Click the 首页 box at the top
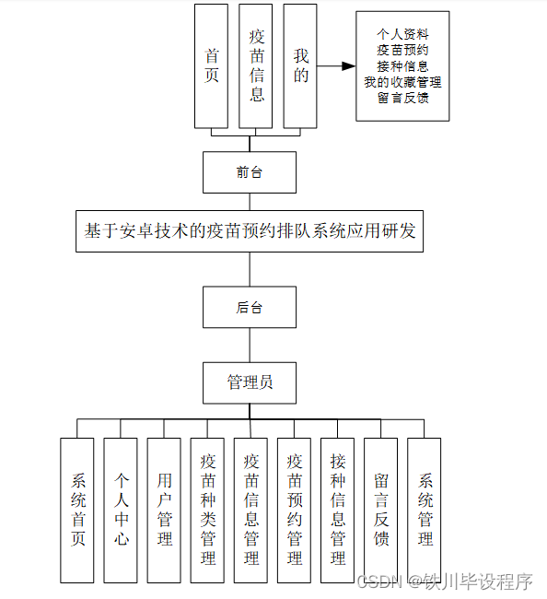coord(211,66)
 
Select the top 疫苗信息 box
coord(256,66)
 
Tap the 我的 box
coord(301,66)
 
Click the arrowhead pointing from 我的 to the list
coord(348,66)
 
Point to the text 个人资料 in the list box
coord(402,32)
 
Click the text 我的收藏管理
coord(402,82)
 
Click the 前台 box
coord(250,172)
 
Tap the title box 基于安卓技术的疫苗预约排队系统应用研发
coord(250,230)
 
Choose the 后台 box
coord(250,308)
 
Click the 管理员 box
coord(250,382)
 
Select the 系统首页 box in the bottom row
coord(77,510)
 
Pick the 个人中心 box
coord(121,510)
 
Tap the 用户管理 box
coord(164,510)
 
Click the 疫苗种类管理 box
coord(207,510)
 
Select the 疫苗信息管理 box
coord(250,510)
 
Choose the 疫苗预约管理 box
coord(294,510)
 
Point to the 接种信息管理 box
coord(337,510)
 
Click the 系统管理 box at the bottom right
coord(425,510)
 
